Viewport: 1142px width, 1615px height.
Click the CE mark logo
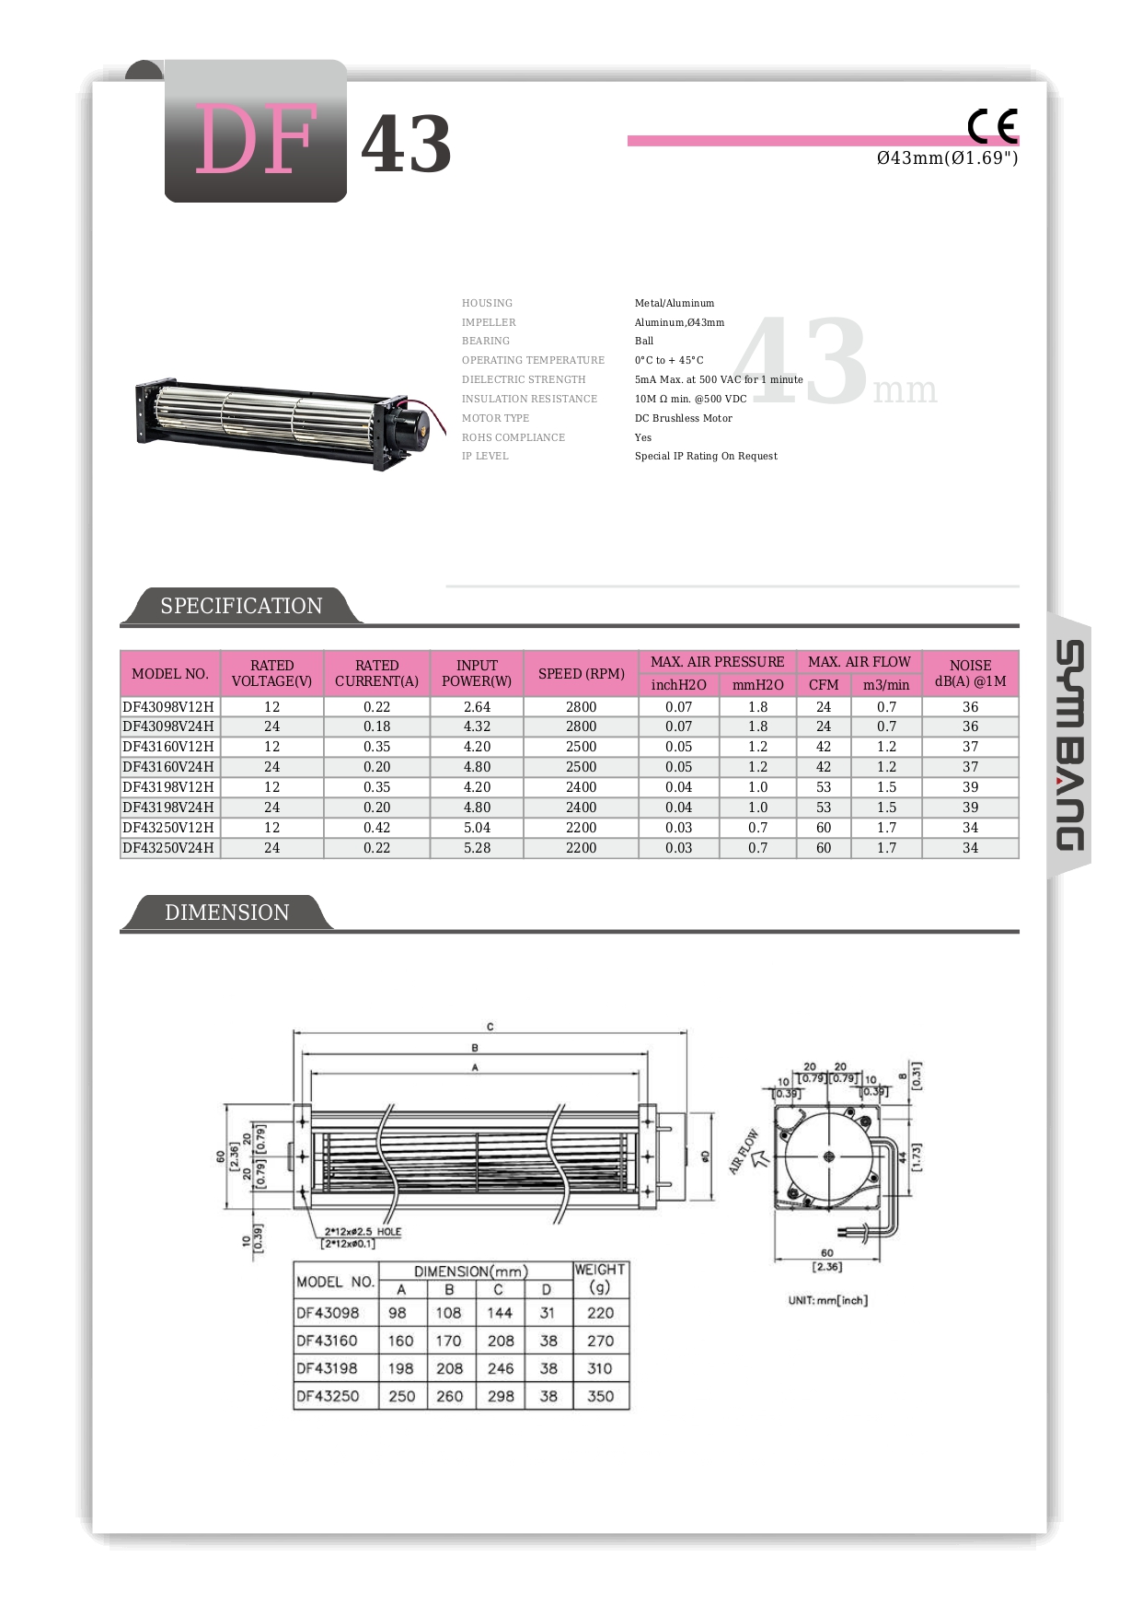(x=992, y=125)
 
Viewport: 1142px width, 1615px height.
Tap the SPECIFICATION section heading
(x=241, y=606)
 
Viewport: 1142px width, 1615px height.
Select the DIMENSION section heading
(x=226, y=912)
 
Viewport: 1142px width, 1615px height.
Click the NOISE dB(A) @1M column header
(x=970, y=673)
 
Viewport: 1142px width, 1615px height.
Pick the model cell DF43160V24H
(x=168, y=767)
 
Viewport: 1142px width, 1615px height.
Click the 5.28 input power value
(x=477, y=848)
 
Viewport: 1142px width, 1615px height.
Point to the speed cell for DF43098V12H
(x=581, y=707)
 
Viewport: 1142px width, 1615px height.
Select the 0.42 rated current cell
(x=376, y=828)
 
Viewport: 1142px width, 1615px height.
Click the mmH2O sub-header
(x=757, y=685)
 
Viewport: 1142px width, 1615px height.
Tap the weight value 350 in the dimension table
(x=600, y=1396)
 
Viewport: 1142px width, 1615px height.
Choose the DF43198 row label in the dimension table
(x=328, y=1368)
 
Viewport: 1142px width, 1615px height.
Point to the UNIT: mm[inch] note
(x=827, y=1300)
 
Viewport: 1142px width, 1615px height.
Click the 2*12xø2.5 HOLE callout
(x=363, y=1231)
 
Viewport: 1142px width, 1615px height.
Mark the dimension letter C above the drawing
(x=490, y=1027)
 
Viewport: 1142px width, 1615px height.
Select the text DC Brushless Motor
(x=683, y=418)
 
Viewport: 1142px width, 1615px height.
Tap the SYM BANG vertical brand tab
(x=1069, y=745)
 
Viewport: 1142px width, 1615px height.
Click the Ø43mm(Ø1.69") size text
(x=947, y=158)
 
